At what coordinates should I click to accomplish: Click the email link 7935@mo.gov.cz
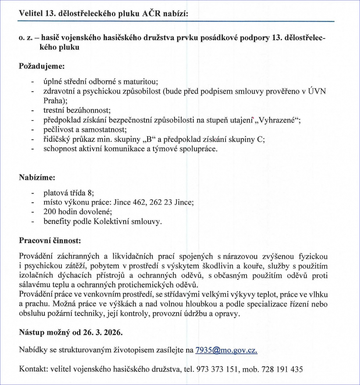pyautogui.click(x=226, y=350)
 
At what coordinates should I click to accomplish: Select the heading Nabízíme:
pyautogui.click(x=37, y=177)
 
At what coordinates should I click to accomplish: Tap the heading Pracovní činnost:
pyautogui.click(x=50, y=241)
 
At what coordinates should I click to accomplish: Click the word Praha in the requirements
pyautogui.click(x=54, y=101)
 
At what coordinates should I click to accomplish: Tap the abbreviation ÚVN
pyautogui.click(x=317, y=91)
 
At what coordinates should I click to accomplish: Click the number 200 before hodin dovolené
pyautogui.click(x=51, y=212)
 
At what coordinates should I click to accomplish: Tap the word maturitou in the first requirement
pyautogui.click(x=140, y=82)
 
